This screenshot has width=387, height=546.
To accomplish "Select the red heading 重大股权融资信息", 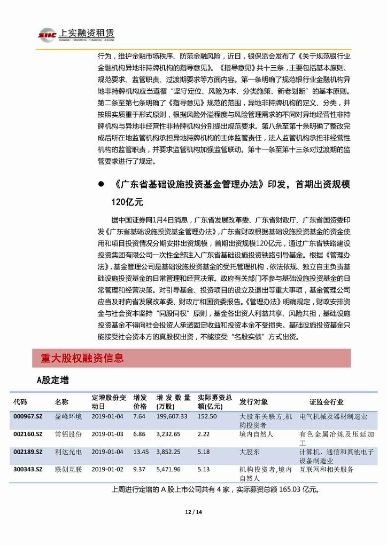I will tap(82, 358).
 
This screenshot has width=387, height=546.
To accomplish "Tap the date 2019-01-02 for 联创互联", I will tap(107, 469).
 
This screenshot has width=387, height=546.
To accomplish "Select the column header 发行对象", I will tap(254, 401).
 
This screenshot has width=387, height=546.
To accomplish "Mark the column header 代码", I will tap(20, 401).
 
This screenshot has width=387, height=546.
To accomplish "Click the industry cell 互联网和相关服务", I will tap(327, 469).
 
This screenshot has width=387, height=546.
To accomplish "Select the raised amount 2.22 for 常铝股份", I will tap(203, 434).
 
